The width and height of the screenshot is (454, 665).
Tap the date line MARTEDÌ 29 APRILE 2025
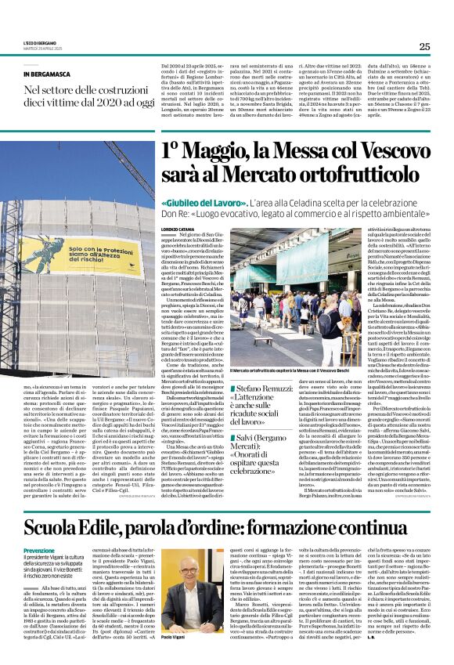click(38, 49)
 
